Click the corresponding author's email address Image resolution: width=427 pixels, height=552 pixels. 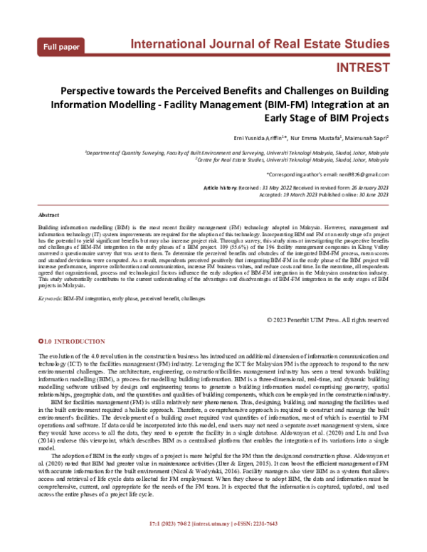pos(362,174)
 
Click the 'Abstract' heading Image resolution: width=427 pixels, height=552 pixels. pos(48,214)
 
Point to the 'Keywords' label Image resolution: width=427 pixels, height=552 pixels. pos(50,299)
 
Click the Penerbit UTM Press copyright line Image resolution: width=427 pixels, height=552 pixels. pos(327,320)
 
